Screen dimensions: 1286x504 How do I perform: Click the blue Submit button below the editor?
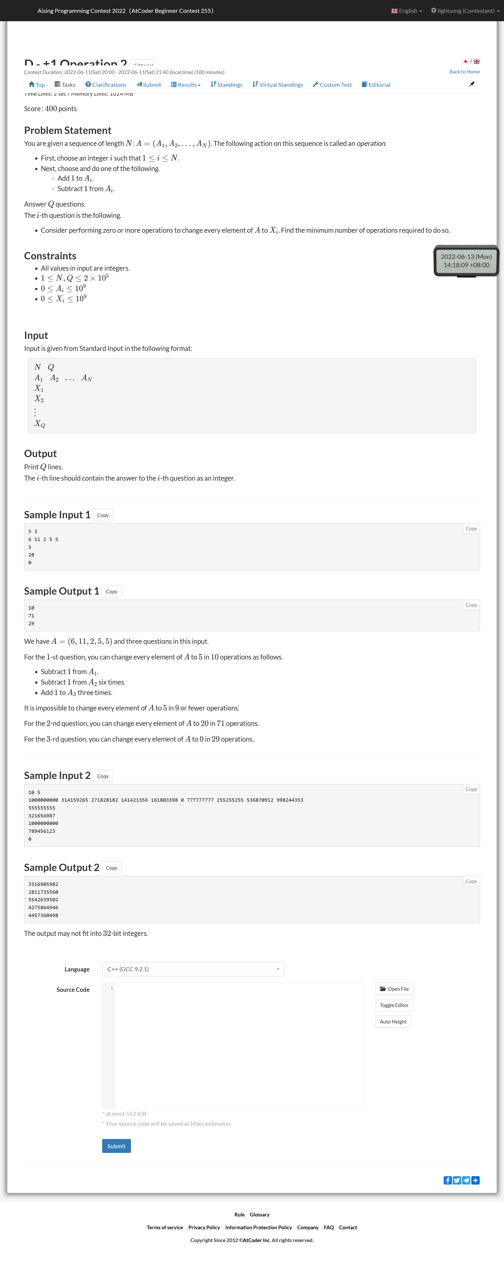(x=116, y=1146)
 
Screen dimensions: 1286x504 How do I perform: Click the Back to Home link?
(x=464, y=72)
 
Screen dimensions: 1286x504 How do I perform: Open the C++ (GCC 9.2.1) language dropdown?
(x=193, y=969)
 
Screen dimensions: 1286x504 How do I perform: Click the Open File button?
(x=394, y=989)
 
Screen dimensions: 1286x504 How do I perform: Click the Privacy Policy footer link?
(x=204, y=1228)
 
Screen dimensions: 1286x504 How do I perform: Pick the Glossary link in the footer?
(x=260, y=1215)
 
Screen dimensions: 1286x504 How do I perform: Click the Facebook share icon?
(x=448, y=1180)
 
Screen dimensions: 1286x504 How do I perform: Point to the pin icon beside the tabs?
(x=472, y=84)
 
